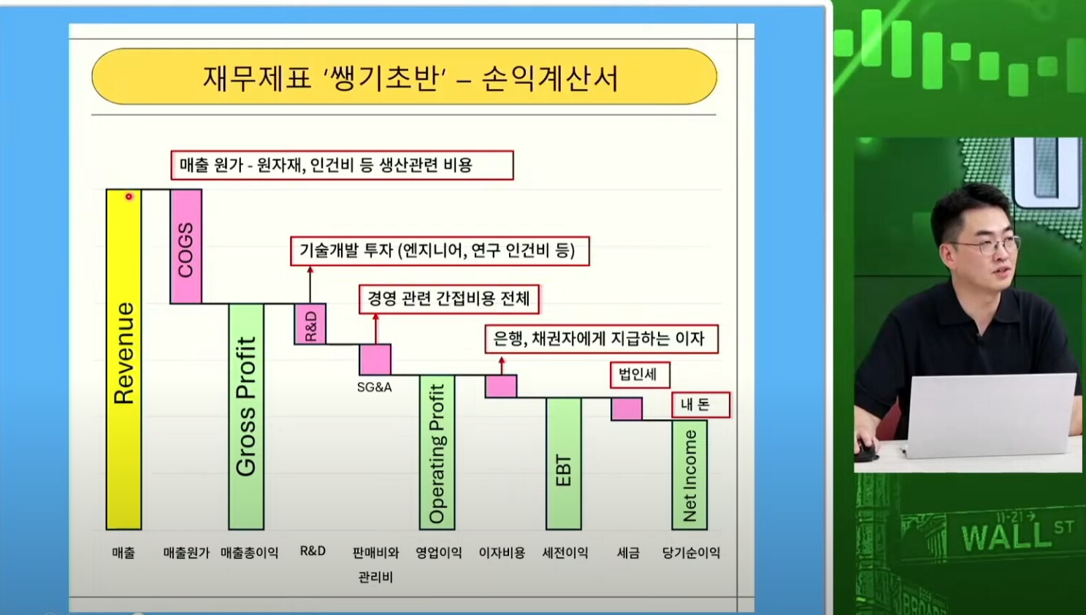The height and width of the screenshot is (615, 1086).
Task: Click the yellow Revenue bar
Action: pyautogui.click(x=123, y=359)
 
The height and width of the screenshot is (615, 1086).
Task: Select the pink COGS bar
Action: pyautogui.click(x=186, y=246)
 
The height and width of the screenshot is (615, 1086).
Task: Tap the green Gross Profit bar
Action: pyautogui.click(x=246, y=416)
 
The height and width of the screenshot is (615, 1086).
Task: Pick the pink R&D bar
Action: pyautogui.click(x=310, y=324)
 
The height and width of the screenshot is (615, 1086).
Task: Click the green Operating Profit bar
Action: pyautogui.click(x=437, y=452)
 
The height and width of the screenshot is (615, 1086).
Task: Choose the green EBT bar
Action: pyautogui.click(x=563, y=464)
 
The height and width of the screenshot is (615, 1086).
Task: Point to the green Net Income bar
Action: pyautogui.click(x=689, y=475)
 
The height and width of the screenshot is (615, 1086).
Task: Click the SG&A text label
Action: pyautogui.click(x=374, y=387)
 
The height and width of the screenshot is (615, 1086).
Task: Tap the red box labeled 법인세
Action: pyautogui.click(x=640, y=375)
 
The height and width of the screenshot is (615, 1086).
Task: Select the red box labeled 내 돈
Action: pyautogui.click(x=700, y=405)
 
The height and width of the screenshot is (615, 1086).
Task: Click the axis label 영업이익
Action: pyautogui.click(x=438, y=552)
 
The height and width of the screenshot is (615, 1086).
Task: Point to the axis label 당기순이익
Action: pyautogui.click(x=691, y=552)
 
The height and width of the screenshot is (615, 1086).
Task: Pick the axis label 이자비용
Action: pyautogui.click(x=502, y=552)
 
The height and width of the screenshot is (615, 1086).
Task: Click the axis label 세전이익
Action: pyautogui.click(x=565, y=552)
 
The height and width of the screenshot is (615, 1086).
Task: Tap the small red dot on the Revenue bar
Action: pyautogui.click(x=129, y=196)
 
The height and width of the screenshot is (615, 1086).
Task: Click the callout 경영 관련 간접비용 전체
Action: pyautogui.click(x=448, y=299)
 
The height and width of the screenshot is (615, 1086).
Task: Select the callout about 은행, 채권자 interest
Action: pyautogui.click(x=601, y=338)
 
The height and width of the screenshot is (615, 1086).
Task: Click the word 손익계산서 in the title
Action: pyautogui.click(x=550, y=78)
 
